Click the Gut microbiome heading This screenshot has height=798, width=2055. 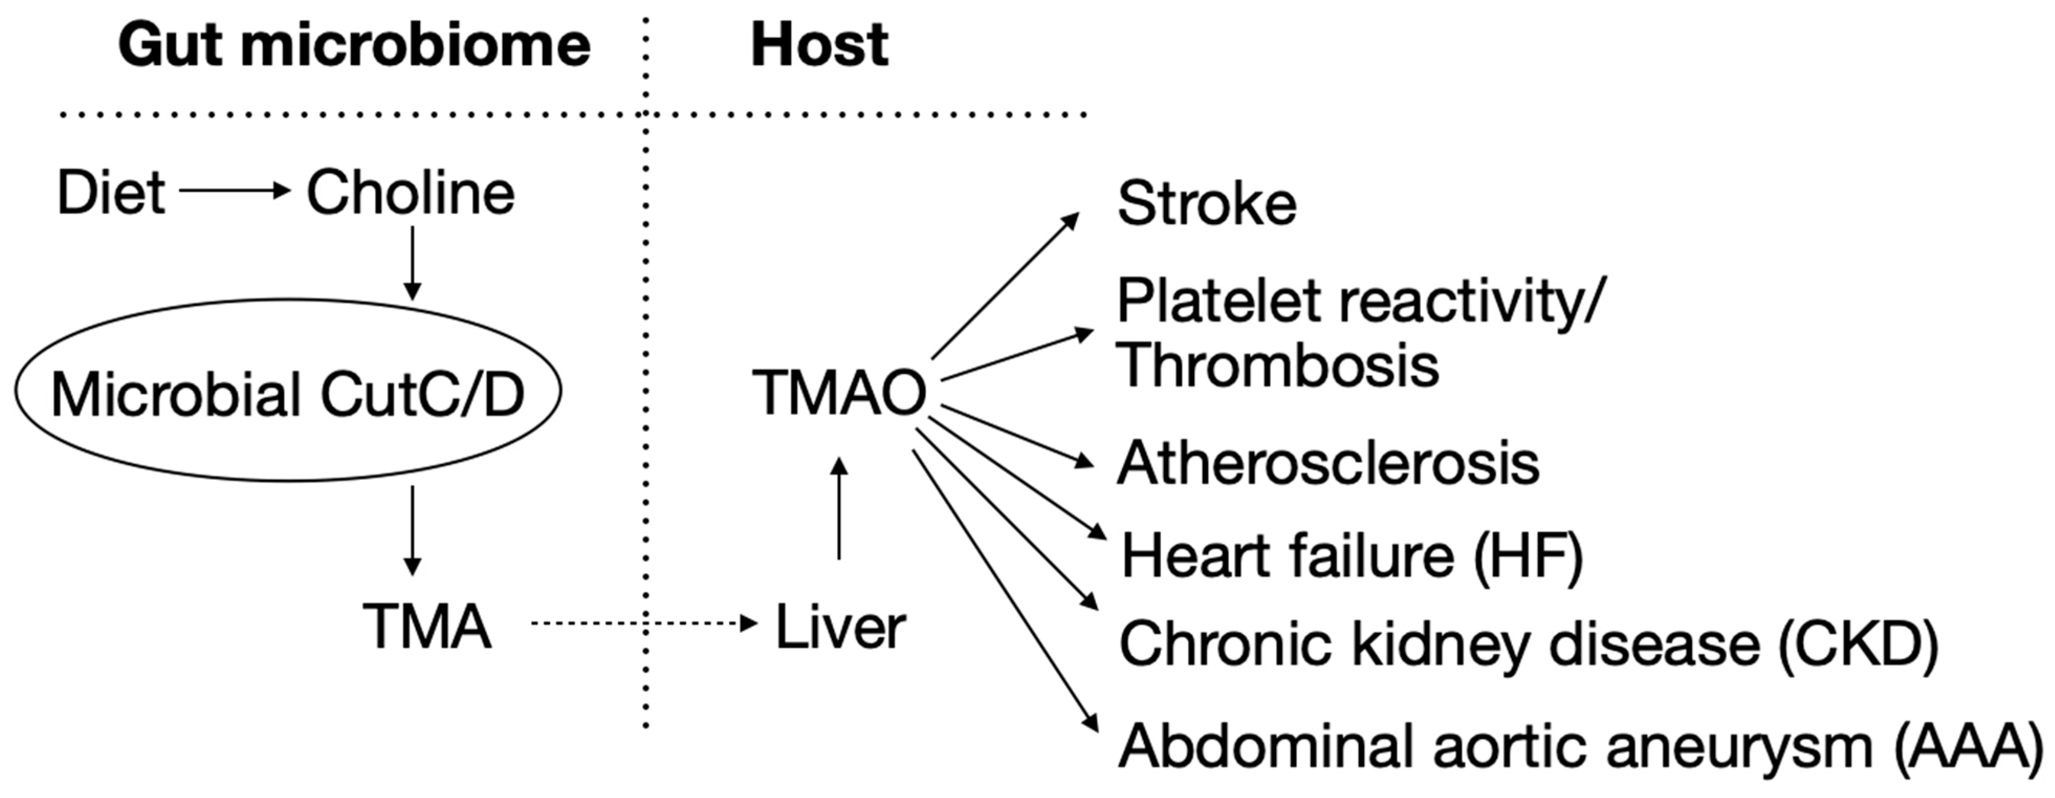[354, 46]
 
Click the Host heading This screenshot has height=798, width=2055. [819, 46]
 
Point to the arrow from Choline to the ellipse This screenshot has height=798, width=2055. [412, 264]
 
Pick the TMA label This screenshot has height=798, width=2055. [427, 627]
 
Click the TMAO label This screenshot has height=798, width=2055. [839, 392]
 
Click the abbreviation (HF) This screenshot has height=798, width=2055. [1527, 556]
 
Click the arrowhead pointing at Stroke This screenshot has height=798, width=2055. [1071, 220]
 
